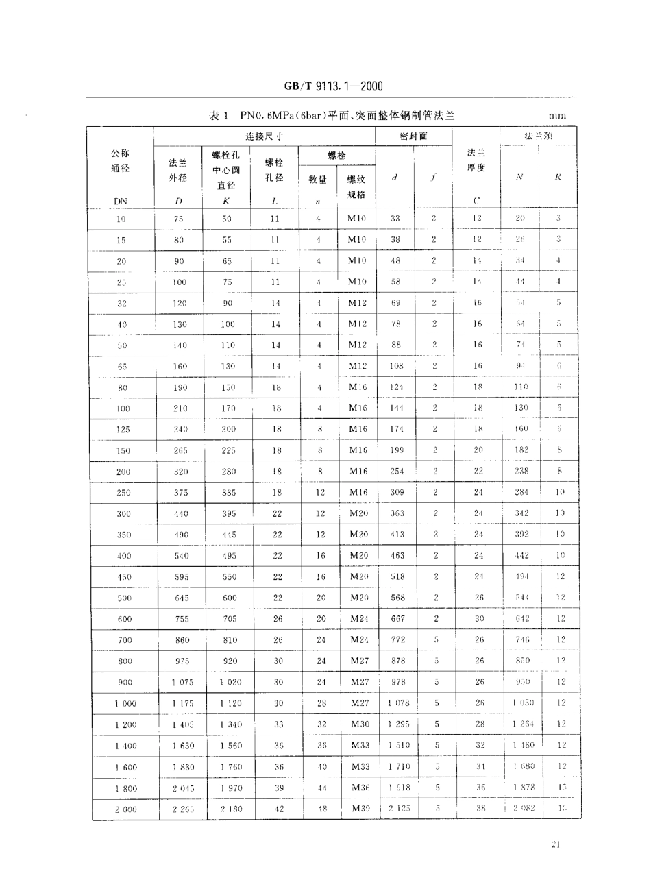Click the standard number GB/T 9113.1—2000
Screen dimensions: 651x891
point(332,86)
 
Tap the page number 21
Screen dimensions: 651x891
point(556,844)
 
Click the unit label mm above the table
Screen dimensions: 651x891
point(556,117)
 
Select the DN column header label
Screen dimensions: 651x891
point(121,201)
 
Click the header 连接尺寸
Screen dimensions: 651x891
point(264,136)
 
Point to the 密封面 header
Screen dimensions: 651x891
point(413,136)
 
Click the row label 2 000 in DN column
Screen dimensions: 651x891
point(125,809)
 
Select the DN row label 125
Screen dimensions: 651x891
point(123,430)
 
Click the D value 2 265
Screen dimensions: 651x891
point(183,809)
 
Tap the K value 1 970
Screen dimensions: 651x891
point(231,788)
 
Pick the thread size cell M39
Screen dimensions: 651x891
point(360,809)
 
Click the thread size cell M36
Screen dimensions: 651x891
point(360,788)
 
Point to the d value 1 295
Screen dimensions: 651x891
point(399,724)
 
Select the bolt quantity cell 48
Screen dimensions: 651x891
point(322,809)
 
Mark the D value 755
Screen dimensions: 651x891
point(180,619)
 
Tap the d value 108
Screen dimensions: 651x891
point(397,366)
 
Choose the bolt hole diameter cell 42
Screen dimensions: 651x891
point(279,809)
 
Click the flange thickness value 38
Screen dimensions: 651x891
point(480,809)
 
